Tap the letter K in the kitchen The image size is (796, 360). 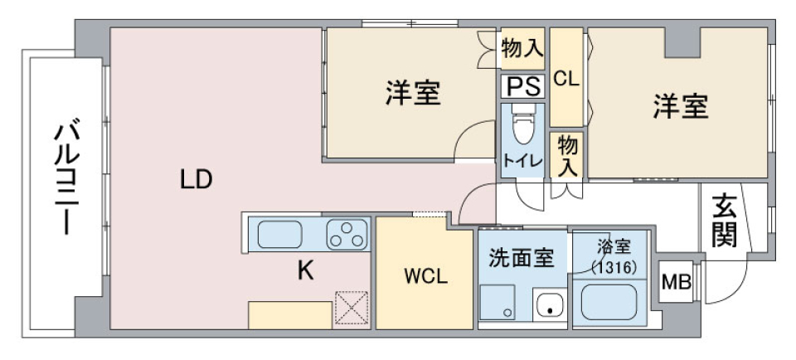pyautogui.click(x=306, y=271)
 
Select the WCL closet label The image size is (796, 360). pyautogui.click(x=426, y=277)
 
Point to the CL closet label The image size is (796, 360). pyautogui.click(x=565, y=79)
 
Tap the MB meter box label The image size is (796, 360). pyautogui.click(x=675, y=282)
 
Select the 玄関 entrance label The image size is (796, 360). pyautogui.click(x=724, y=220)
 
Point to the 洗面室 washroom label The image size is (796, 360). pyautogui.click(x=521, y=258)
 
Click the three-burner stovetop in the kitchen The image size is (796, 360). pyautogui.click(x=347, y=235)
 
